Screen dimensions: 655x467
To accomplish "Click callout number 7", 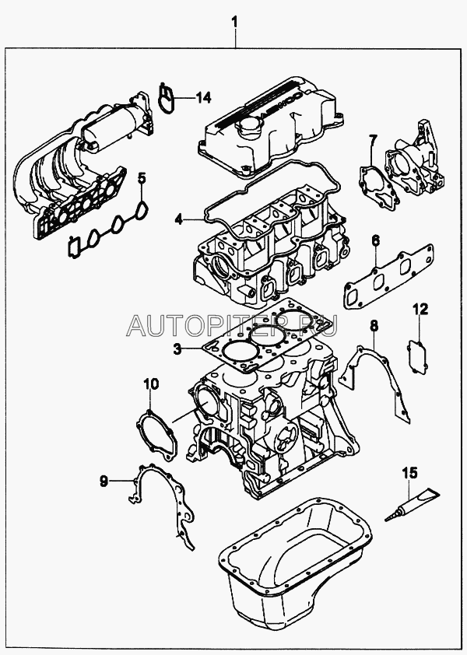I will point(373,140).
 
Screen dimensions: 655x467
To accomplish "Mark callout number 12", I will point(420,310).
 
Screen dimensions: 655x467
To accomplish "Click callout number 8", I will point(373,324).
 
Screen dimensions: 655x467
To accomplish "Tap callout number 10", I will point(151,384).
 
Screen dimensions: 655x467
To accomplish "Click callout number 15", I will point(409,472).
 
